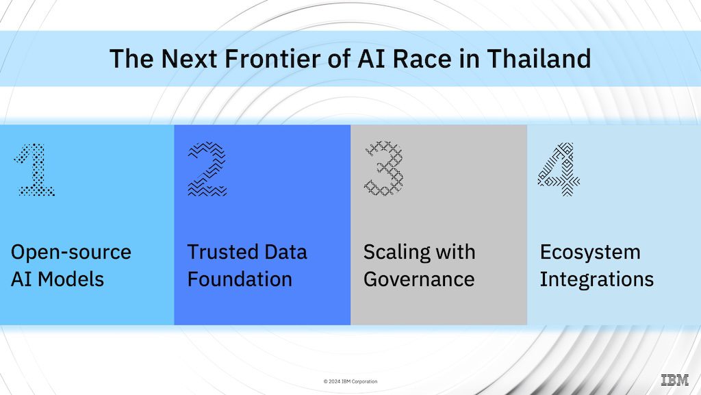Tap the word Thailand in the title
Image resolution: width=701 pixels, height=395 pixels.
(539, 59)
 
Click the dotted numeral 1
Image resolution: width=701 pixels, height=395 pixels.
(35, 170)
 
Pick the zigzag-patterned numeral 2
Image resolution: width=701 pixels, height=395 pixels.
(207, 169)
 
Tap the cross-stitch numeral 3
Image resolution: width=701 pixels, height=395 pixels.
(384, 168)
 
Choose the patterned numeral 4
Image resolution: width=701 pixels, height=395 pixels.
(559, 169)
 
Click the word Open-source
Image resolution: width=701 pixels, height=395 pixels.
(71, 253)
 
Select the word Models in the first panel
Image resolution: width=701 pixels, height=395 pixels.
(71, 280)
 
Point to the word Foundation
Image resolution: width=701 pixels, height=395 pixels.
(240, 280)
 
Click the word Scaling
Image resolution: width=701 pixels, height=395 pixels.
(396, 253)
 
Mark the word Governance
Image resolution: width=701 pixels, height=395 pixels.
(419, 280)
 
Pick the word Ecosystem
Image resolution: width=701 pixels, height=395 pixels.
(590, 253)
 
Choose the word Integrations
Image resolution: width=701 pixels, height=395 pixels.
(597, 280)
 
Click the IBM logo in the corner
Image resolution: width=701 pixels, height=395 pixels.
(675, 380)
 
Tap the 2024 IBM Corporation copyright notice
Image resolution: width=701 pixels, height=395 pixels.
(350, 381)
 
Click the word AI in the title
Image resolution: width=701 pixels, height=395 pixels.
(372, 59)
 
